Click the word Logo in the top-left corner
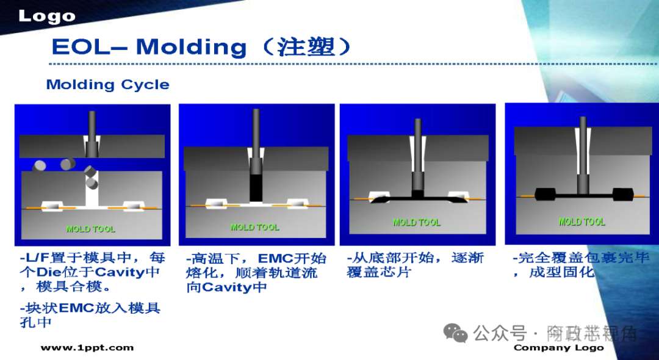pos(46,16)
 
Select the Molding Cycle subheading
pos(107,85)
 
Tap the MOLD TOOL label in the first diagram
pos(90,229)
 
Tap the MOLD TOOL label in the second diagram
pos(254,227)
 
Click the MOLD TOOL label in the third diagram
pos(417,222)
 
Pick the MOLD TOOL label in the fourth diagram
pos(582,221)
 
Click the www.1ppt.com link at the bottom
pos(87,348)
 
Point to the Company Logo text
pos(558,348)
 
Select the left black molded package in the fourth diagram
pos(545,195)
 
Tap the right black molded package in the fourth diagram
pos(622,195)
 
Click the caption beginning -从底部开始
pos(415,265)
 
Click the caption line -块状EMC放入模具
pos(90,308)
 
